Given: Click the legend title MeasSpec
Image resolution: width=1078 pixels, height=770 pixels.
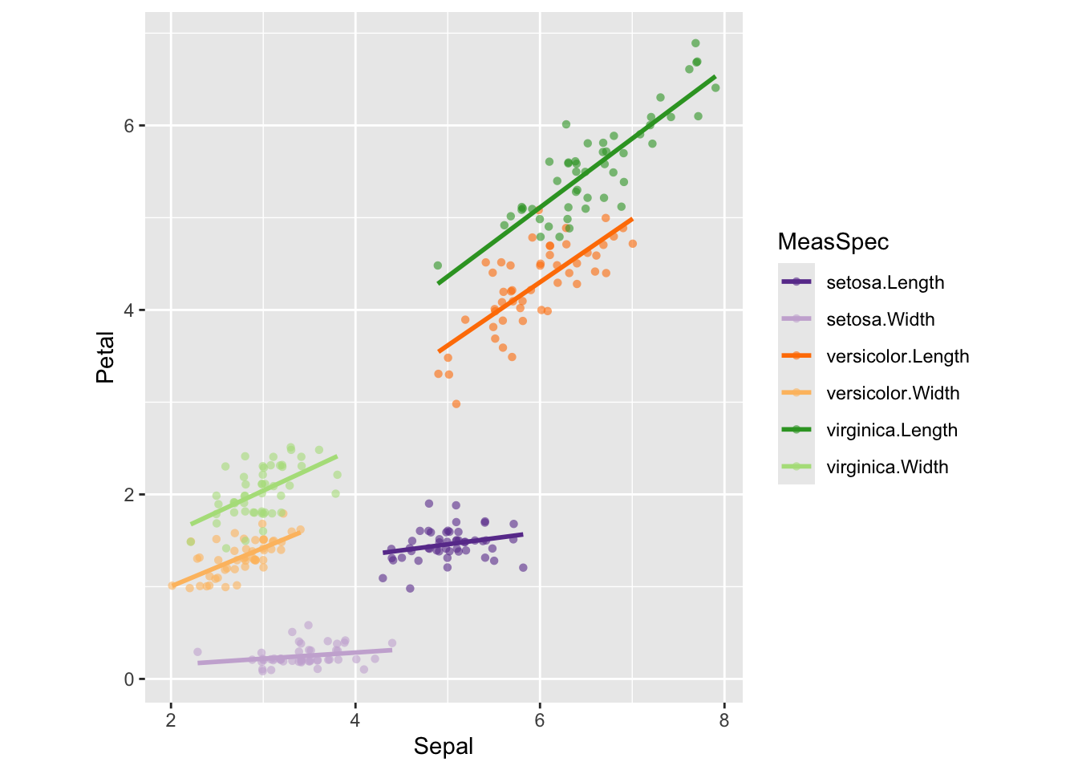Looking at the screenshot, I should tap(833, 242).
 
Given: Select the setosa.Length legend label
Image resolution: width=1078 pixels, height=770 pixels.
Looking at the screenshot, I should tap(885, 282).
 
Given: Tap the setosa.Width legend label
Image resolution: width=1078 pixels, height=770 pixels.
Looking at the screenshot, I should tap(880, 319).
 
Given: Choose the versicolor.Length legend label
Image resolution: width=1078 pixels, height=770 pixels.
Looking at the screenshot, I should tap(898, 356).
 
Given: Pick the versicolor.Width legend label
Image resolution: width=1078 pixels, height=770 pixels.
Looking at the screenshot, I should tap(893, 393).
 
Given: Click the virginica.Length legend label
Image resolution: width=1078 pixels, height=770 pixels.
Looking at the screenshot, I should tap(892, 430).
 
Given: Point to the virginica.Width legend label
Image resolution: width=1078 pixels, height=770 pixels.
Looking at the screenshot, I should tap(887, 467).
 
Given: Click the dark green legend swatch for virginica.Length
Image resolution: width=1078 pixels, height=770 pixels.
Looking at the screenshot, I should tap(796, 430).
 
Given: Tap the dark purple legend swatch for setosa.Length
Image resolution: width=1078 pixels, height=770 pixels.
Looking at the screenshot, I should tap(796, 282).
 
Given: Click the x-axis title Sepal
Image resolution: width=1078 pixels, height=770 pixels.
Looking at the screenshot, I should tap(444, 747).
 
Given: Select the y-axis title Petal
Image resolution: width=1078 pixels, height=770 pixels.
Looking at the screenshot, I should tap(106, 358).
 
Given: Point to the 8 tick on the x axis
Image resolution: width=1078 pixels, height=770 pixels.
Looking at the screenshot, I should tap(724, 720).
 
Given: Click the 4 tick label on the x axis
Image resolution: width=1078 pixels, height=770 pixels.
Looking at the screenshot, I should tap(355, 720).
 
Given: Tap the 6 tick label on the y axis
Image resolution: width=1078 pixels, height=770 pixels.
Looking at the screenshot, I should tap(128, 126).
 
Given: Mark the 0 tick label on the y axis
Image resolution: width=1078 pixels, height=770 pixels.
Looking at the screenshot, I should tap(128, 679).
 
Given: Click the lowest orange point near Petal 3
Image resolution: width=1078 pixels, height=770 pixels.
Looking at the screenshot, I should tap(456, 404).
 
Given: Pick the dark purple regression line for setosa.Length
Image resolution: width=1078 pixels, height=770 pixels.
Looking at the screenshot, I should tap(453, 543).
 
